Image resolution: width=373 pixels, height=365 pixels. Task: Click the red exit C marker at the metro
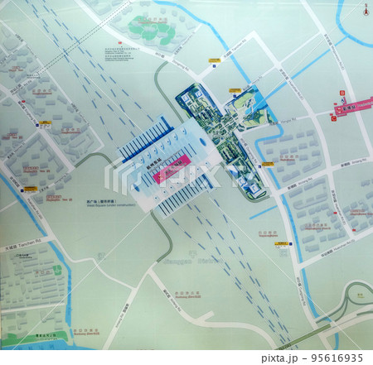333,118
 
